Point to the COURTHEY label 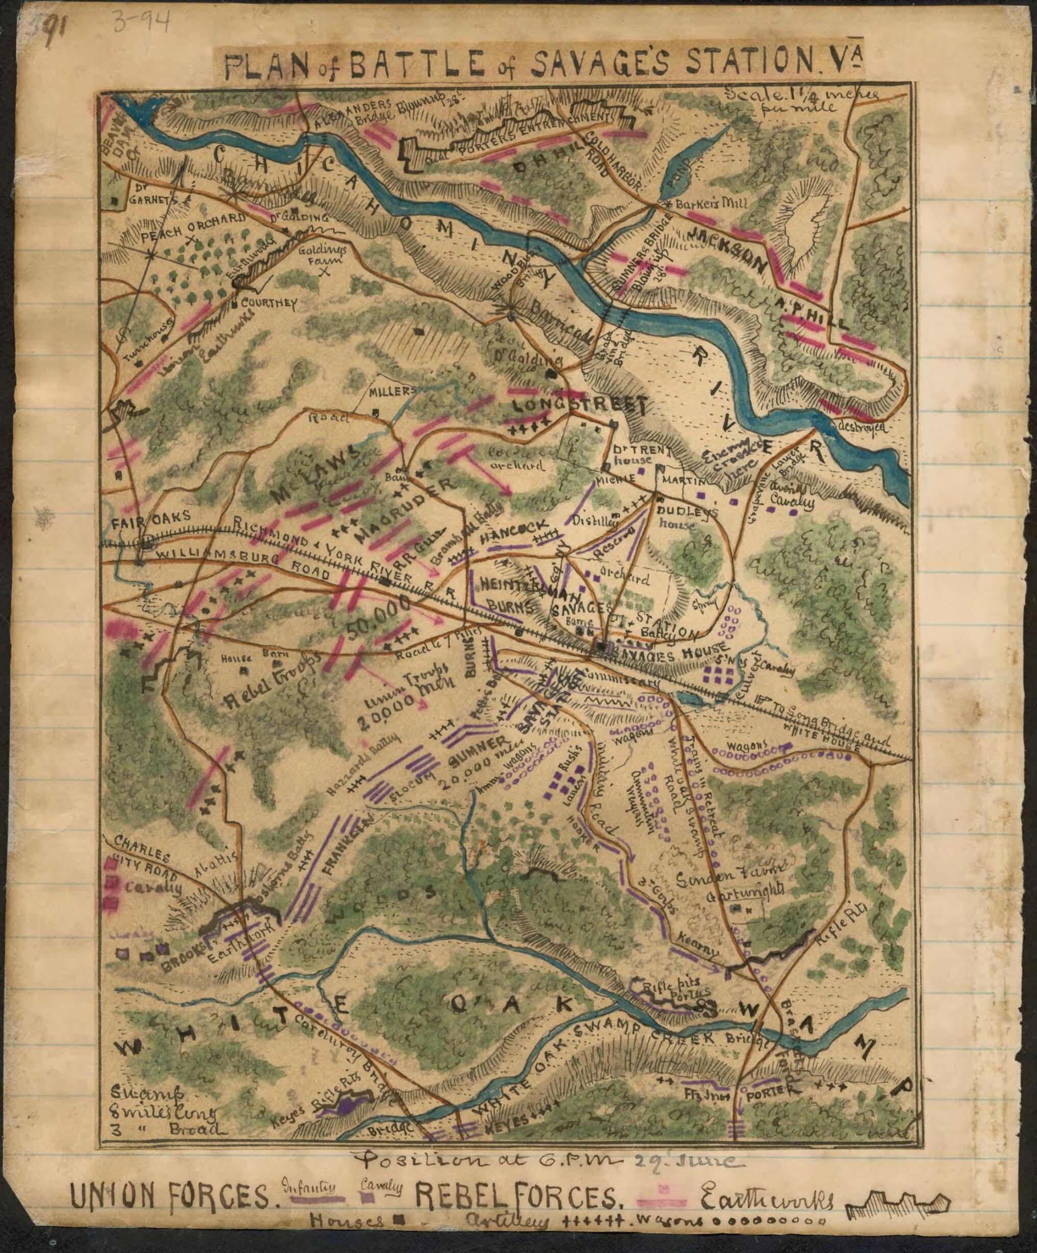point(269,303)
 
